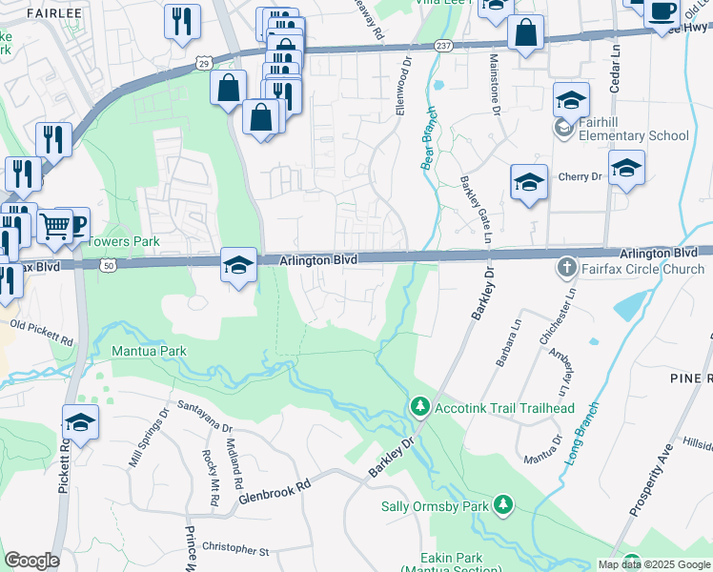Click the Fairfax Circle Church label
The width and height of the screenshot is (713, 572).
(637, 268)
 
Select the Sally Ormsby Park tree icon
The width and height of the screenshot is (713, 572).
(503, 504)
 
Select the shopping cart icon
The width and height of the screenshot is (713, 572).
(56, 227)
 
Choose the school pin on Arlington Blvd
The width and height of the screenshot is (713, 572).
(238, 263)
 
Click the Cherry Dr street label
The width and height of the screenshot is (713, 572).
(581, 176)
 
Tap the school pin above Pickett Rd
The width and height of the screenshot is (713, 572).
(80, 421)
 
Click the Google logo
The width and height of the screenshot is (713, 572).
(31, 561)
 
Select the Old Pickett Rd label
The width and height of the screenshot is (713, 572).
(42, 333)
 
